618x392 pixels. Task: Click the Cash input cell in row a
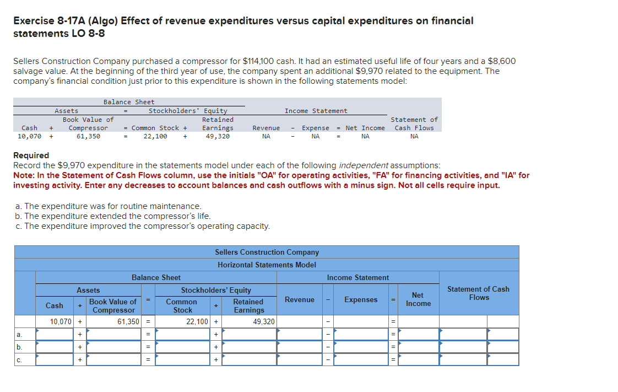pyautogui.click(x=55, y=334)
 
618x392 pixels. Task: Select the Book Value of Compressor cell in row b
pyautogui.click(x=114, y=347)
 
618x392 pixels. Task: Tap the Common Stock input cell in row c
pyautogui.click(x=183, y=359)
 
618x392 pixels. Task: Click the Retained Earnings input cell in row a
pyautogui.click(x=248, y=334)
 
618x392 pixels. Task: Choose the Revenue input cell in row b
pyautogui.click(x=299, y=347)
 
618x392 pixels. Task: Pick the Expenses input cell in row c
pyautogui.click(x=361, y=359)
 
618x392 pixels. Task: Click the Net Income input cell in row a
pyautogui.click(x=418, y=334)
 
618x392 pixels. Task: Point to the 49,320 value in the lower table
pyautogui.click(x=264, y=321)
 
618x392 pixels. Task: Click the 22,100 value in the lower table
pyautogui.click(x=197, y=321)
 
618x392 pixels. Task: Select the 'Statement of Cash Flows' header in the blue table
pyautogui.click(x=478, y=293)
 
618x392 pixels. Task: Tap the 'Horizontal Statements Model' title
pyautogui.click(x=267, y=265)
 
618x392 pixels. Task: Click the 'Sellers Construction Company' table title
pyautogui.click(x=267, y=252)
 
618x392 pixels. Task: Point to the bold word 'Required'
pyautogui.click(x=31, y=155)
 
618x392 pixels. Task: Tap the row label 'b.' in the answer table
pyautogui.click(x=19, y=347)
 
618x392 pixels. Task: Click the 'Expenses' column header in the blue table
pyautogui.click(x=361, y=300)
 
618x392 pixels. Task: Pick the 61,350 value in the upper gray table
pyautogui.click(x=88, y=136)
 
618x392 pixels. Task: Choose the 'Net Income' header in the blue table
pyautogui.click(x=418, y=299)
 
